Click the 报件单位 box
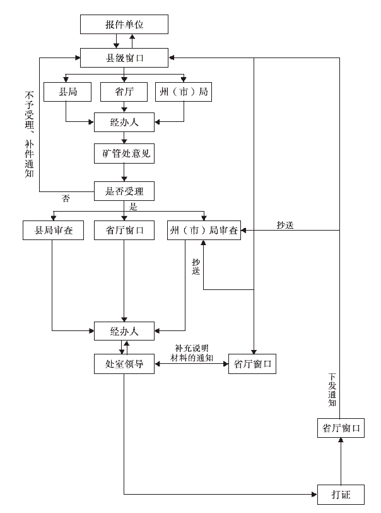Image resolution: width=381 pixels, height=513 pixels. [x=124, y=25]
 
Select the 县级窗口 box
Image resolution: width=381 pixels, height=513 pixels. [x=124, y=59]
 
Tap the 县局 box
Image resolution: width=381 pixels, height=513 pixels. [x=67, y=92]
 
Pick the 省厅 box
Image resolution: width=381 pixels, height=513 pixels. [x=124, y=92]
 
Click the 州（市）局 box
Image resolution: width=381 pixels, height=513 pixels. [x=182, y=92]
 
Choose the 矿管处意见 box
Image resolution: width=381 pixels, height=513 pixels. [x=124, y=154]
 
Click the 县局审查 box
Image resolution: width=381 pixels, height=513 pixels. [x=53, y=231]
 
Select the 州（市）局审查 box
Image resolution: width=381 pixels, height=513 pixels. [x=203, y=231]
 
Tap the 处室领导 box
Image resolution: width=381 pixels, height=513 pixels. [x=124, y=364]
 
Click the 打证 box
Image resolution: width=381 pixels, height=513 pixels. [x=340, y=492]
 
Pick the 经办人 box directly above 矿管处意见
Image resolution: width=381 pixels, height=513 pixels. [x=124, y=122]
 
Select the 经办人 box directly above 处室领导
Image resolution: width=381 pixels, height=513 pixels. [x=124, y=331]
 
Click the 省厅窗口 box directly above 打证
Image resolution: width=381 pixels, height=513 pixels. [x=340, y=428]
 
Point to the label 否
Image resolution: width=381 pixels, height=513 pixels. [x=66, y=198]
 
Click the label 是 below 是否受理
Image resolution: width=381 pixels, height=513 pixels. [x=132, y=206]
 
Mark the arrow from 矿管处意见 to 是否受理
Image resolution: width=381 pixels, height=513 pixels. [x=124, y=172]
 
